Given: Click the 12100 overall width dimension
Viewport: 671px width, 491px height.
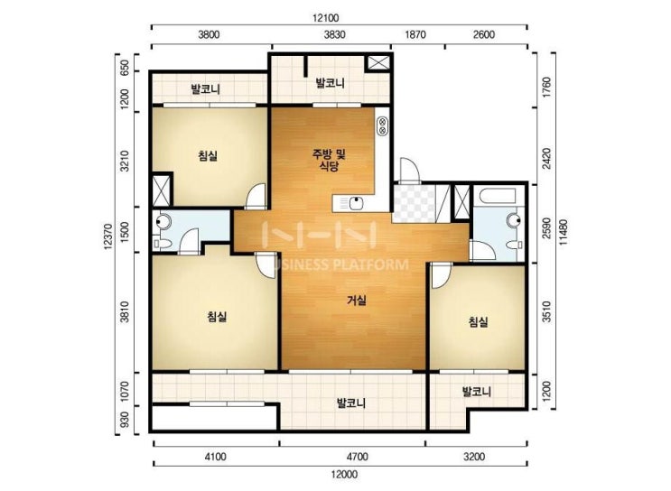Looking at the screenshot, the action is pyautogui.click(x=326, y=18).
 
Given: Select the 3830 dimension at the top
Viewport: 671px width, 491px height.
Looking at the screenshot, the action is pyautogui.click(x=334, y=34).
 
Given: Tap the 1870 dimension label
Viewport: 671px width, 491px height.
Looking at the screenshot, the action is pyautogui.click(x=415, y=34).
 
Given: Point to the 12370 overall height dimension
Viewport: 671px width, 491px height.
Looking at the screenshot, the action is pyautogui.click(x=108, y=236).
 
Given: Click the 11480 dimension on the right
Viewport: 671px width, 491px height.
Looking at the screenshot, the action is pyautogui.click(x=563, y=232).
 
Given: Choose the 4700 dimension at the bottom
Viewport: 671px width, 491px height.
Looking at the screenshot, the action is pyautogui.click(x=358, y=457).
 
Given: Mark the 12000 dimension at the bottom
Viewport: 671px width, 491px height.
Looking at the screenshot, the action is pyautogui.click(x=344, y=475).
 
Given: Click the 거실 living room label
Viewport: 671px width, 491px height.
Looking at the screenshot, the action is pyautogui.click(x=356, y=301).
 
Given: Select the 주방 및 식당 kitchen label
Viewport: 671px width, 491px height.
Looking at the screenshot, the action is pyautogui.click(x=329, y=160).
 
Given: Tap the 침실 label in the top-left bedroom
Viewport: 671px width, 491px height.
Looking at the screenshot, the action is pyautogui.click(x=208, y=155).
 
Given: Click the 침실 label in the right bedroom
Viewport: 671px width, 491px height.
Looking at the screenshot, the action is pyautogui.click(x=478, y=321).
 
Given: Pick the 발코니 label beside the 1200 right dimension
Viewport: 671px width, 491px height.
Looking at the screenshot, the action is pyautogui.click(x=477, y=392).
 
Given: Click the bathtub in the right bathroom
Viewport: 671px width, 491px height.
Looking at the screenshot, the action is pyautogui.click(x=499, y=197).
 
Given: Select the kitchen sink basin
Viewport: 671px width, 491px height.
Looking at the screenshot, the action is pyautogui.click(x=356, y=203).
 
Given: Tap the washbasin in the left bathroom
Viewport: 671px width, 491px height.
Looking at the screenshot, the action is pyautogui.click(x=163, y=221).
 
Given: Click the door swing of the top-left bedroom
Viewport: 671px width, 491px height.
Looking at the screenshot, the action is pyautogui.click(x=256, y=196).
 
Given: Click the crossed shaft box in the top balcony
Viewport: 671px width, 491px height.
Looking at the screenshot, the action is pyautogui.click(x=377, y=63).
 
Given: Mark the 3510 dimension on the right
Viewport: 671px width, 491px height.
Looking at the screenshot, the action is pyautogui.click(x=546, y=311).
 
